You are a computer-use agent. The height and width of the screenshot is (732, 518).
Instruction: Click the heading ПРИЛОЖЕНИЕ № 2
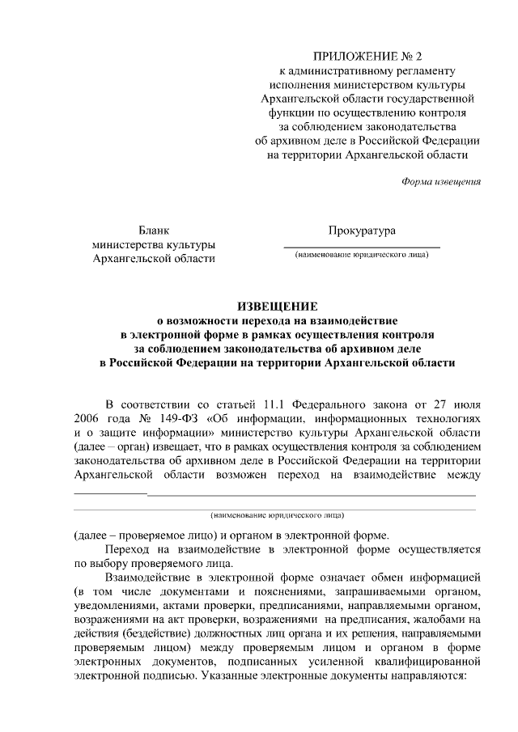(x=362, y=57)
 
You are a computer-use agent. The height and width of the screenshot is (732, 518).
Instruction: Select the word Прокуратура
(x=362, y=231)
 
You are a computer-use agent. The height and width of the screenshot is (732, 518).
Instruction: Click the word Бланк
(x=154, y=231)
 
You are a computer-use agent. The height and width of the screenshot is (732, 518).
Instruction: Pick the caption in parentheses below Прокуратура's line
(x=362, y=256)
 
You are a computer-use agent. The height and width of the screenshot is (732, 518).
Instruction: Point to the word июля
(x=464, y=402)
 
